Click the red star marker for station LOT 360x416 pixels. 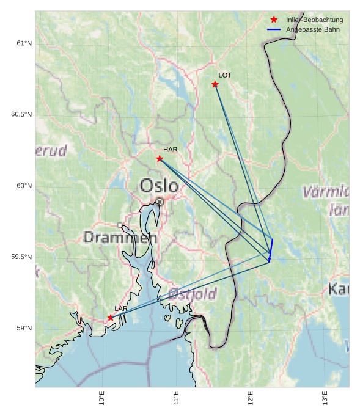pos(215,84)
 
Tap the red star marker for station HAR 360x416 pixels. pos(160,159)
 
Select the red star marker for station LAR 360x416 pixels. pos(111,318)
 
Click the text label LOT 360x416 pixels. pos(225,75)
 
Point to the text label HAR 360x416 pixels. pos(170,149)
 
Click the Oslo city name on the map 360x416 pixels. pos(159,185)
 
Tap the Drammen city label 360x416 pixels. pos(120,237)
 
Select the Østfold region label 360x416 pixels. pos(192,294)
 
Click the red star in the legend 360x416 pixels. pos(274,20)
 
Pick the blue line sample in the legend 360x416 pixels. pos(274,29)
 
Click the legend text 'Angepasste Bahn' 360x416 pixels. pos(312,29)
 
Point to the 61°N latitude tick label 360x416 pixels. pos(24,43)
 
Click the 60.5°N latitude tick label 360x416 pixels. pos(21,115)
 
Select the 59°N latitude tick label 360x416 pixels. pos(24,329)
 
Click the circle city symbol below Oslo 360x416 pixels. pos(160,201)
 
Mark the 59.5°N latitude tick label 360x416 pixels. pos(21,257)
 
